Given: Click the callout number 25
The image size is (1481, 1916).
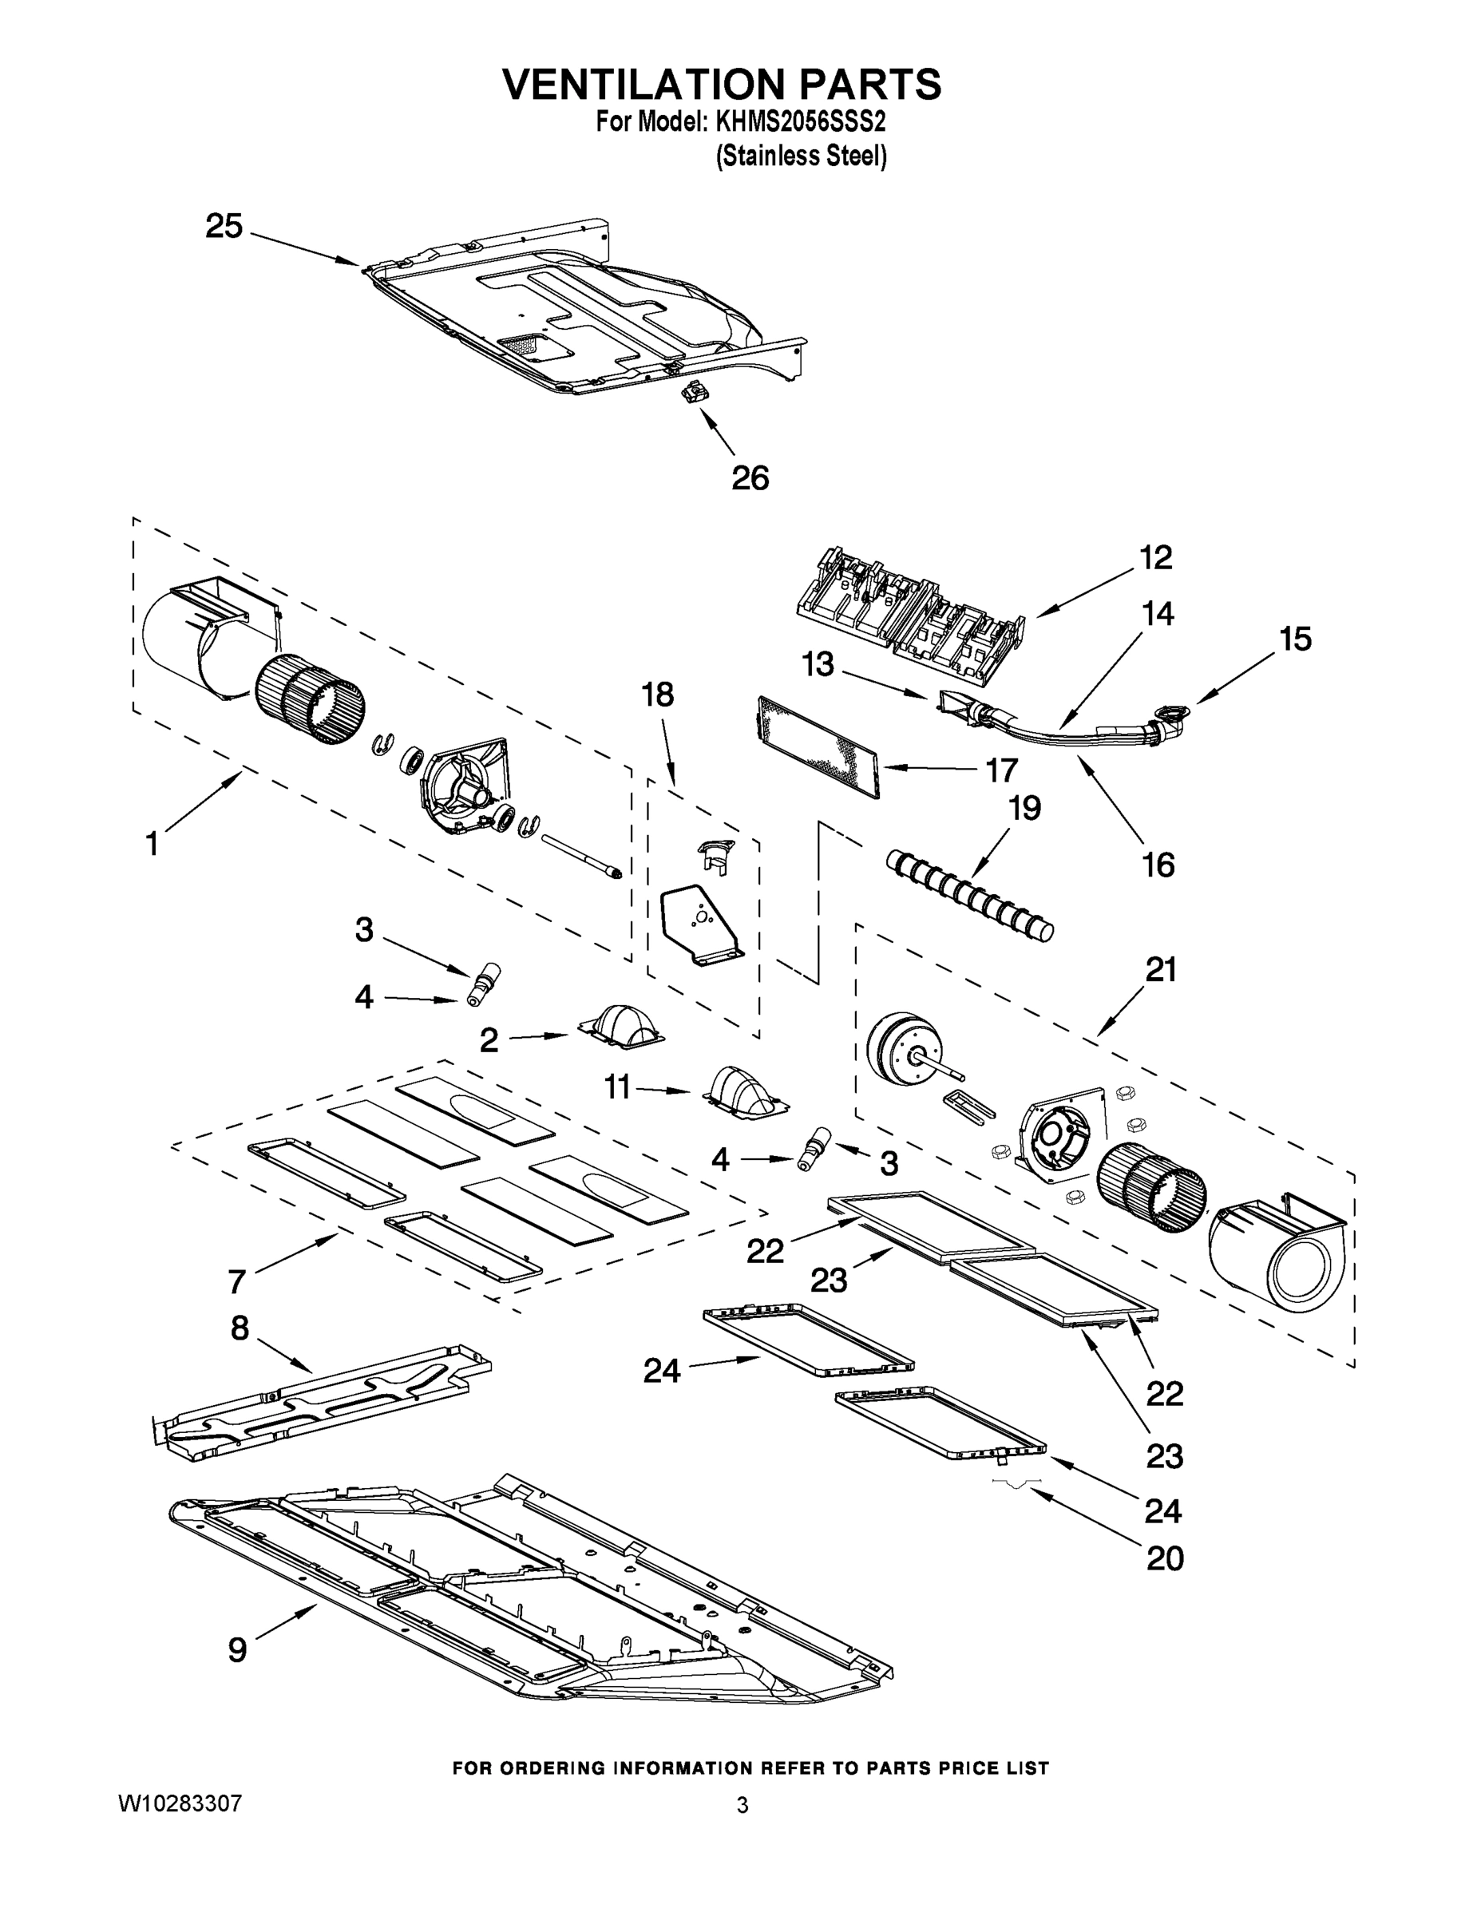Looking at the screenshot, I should [x=224, y=227].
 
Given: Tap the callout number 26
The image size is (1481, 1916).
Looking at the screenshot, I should [x=750, y=478].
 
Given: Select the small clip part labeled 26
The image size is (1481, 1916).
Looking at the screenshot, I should [x=695, y=393].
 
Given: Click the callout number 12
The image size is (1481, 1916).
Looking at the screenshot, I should [x=1155, y=557].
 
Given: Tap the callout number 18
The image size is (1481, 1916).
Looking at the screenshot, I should [x=657, y=695].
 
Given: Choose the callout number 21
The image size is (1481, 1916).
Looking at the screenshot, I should [x=1160, y=969].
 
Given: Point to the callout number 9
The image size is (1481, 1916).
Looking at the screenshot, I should [x=238, y=1650].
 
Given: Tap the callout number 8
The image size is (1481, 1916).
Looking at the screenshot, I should [x=240, y=1328].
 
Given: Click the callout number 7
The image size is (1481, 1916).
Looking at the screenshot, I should [x=236, y=1281].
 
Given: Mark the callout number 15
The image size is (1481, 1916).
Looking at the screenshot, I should [x=1295, y=639].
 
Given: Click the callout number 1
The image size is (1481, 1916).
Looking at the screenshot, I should [x=152, y=844].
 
